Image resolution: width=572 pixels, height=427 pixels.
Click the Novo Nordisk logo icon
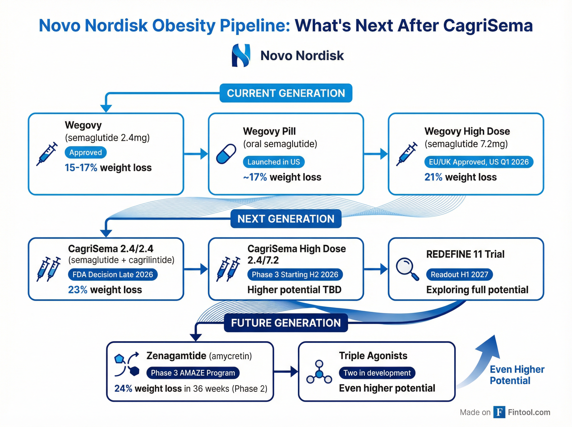[241, 55]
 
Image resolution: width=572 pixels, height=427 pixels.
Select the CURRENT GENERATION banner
[286, 93]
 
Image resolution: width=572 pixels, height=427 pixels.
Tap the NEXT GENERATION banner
[286, 219]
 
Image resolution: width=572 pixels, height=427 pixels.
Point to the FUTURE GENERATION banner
[286, 323]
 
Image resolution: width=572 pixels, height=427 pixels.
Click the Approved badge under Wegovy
[86, 152]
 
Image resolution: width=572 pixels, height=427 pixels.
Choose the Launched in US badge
[273, 162]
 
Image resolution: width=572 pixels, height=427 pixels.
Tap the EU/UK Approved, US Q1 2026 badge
[479, 162]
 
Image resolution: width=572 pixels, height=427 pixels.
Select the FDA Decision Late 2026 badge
[113, 274]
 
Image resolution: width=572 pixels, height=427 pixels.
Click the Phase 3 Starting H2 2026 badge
[295, 274]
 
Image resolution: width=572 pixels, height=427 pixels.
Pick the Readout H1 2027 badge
[459, 274]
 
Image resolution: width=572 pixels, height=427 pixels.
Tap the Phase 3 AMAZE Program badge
[193, 373]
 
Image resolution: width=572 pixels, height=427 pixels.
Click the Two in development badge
[377, 373]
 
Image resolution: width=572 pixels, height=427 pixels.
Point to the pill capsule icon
[226, 154]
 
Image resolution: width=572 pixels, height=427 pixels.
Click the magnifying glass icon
[407, 269]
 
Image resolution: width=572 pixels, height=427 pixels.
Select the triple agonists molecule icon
[319, 373]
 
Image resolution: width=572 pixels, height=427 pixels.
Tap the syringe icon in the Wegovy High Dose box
[407, 154]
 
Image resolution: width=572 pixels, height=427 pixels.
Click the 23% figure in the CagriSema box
[77, 290]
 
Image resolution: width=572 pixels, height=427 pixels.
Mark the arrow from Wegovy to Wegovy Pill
[196, 154]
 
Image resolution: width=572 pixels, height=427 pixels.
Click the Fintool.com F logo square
[499, 412]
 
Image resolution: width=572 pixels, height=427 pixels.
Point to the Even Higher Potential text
[517, 375]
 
